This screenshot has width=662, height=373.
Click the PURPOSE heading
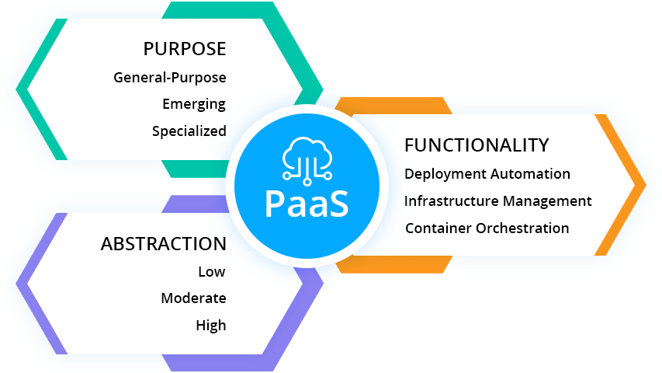click(x=185, y=49)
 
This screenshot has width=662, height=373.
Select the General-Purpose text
click(x=170, y=78)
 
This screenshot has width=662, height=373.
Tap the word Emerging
click(x=194, y=104)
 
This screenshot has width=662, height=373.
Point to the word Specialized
click(x=189, y=131)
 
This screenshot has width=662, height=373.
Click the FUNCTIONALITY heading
click(x=477, y=145)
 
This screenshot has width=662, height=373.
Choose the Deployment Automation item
click(x=487, y=174)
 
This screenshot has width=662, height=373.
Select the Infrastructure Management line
click(x=497, y=201)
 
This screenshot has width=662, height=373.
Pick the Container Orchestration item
click(x=487, y=228)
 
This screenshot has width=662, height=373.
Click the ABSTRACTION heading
click(x=163, y=244)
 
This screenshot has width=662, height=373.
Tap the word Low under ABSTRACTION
click(x=211, y=272)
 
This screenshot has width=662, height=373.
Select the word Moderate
click(x=193, y=298)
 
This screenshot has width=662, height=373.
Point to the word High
click(x=210, y=326)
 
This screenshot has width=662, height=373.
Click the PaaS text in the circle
click(x=307, y=203)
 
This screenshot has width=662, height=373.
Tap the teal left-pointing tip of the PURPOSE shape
click(x=22, y=89)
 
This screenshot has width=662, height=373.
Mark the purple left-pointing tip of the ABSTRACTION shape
click(x=22, y=283)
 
